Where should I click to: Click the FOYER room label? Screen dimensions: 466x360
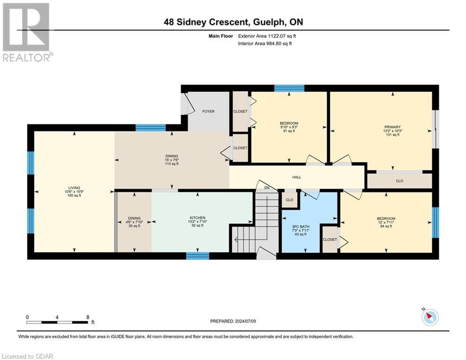pyautogui.click(x=208, y=111)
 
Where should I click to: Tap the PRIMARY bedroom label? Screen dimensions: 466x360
pyautogui.click(x=392, y=127)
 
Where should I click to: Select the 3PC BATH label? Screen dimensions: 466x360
pyautogui.click(x=301, y=227)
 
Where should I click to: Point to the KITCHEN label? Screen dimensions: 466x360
pyautogui.click(x=198, y=218)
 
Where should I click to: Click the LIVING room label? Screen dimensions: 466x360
pyautogui.click(x=74, y=188)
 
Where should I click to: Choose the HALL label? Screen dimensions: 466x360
pyautogui.click(x=296, y=177)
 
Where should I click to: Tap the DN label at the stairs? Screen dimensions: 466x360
pyautogui.click(x=267, y=188)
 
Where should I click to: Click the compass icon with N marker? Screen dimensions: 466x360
pyautogui.click(x=430, y=316)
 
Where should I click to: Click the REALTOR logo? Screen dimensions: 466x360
pyautogui.click(x=27, y=32)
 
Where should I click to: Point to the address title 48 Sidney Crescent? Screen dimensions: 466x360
pyautogui.click(x=206, y=22)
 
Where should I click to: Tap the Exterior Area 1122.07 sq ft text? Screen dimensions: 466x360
pyautogui.click(x=267, y=36)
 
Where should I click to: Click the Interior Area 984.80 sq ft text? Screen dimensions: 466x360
pyautogui.click(x=265, y=44)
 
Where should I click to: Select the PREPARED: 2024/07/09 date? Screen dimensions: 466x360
pyautogui.click(x=233, y=321)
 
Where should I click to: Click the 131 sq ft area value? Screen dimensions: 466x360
pyautogui.click(x=392, y=135)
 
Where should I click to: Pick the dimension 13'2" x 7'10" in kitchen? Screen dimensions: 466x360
pyautogui.click(x=198, y=222)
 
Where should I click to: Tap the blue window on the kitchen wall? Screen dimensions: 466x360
pyautogui.click(x=198, y=256)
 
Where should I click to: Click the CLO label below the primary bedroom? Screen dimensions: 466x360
pyautogui.click(x=399, y=181)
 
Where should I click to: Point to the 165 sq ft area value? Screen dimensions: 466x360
pyautogui.click(x=74, y=195)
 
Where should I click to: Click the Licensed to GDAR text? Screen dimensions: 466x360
pyautogui.click(x=27, y=356)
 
